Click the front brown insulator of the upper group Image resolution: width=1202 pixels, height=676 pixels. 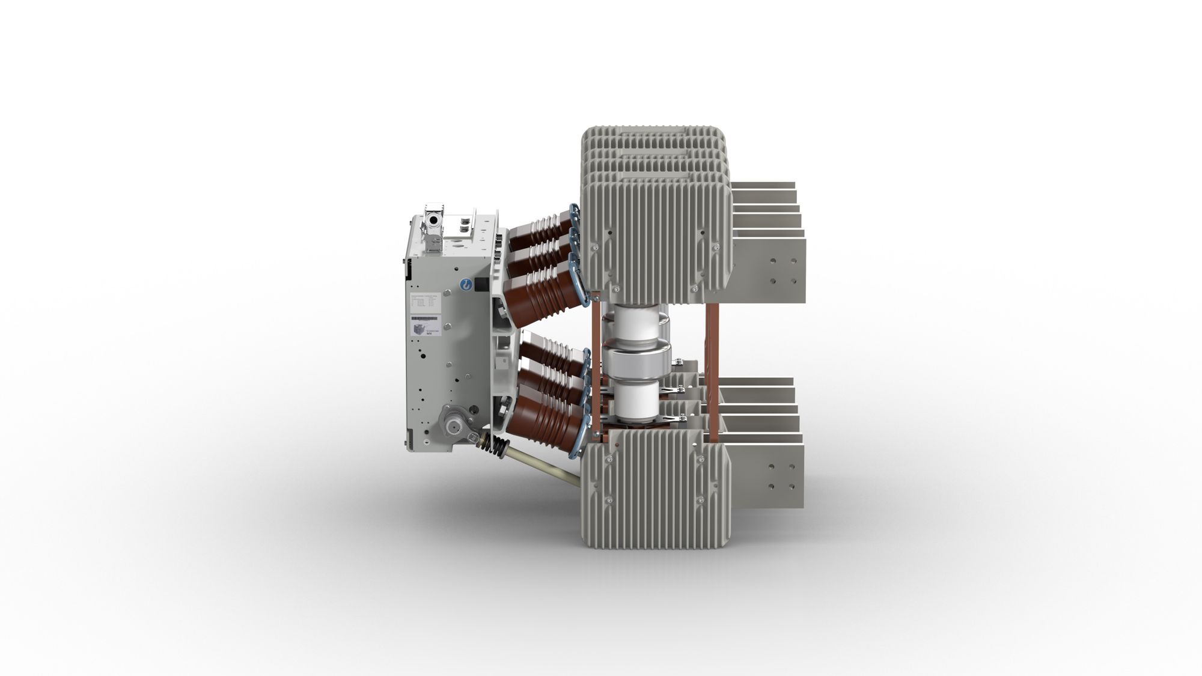point(534,294)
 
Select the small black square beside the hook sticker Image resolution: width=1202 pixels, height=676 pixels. point(480,285)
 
